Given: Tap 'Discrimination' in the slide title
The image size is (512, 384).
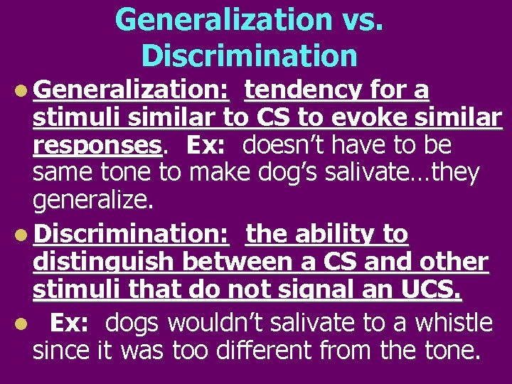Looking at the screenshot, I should (249, 55).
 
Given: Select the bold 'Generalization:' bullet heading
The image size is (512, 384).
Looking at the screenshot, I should (130, 91).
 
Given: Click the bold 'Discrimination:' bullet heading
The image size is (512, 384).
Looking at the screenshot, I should (130, 234).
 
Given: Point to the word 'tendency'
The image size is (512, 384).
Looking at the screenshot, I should (304, 91).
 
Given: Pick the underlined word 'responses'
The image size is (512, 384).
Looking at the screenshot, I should (97, 145).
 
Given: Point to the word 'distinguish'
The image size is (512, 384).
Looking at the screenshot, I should (105, 262).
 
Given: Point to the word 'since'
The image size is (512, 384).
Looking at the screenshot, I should (60, 350).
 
